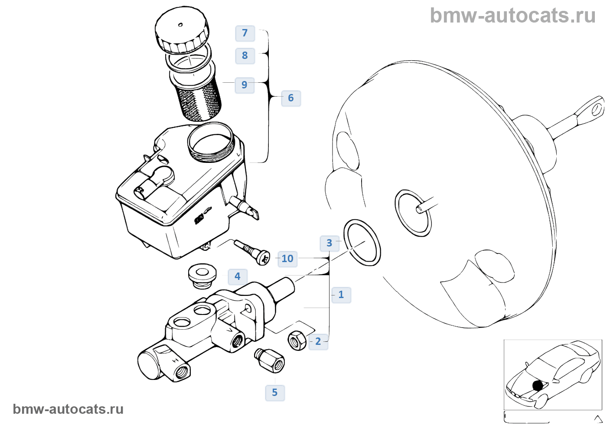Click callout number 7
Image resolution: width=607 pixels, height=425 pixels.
(245, 33)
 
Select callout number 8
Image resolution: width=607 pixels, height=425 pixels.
(245, 55)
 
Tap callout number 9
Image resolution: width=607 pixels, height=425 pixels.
(245, 85)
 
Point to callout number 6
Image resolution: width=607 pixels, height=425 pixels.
(291, 98)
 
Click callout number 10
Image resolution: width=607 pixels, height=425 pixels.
(287, 259)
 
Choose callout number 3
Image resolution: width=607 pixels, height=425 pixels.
(329, 243)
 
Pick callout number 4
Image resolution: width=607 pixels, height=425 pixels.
(237, 276)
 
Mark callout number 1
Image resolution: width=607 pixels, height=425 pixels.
(341, 295)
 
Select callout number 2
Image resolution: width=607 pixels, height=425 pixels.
(318, 341)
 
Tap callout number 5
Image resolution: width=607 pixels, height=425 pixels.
(274, 393)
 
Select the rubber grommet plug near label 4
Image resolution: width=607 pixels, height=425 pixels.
(202, 275)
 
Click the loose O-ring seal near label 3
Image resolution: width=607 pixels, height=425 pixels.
(362, 243)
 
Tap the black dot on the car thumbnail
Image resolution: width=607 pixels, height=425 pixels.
(538, 385)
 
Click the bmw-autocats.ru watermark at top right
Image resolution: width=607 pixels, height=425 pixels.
(512, 16)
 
